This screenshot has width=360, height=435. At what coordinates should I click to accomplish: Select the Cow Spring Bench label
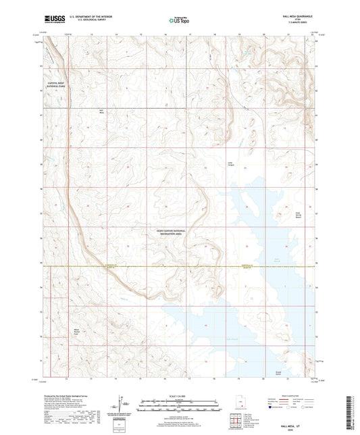pyautogui.click(x=297, y=217)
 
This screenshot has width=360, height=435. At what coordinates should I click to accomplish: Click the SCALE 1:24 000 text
pyautogui.click(x=180, y=395)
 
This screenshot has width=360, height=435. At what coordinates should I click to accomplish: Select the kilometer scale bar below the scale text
pyautogui.click(x=180, y=403)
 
